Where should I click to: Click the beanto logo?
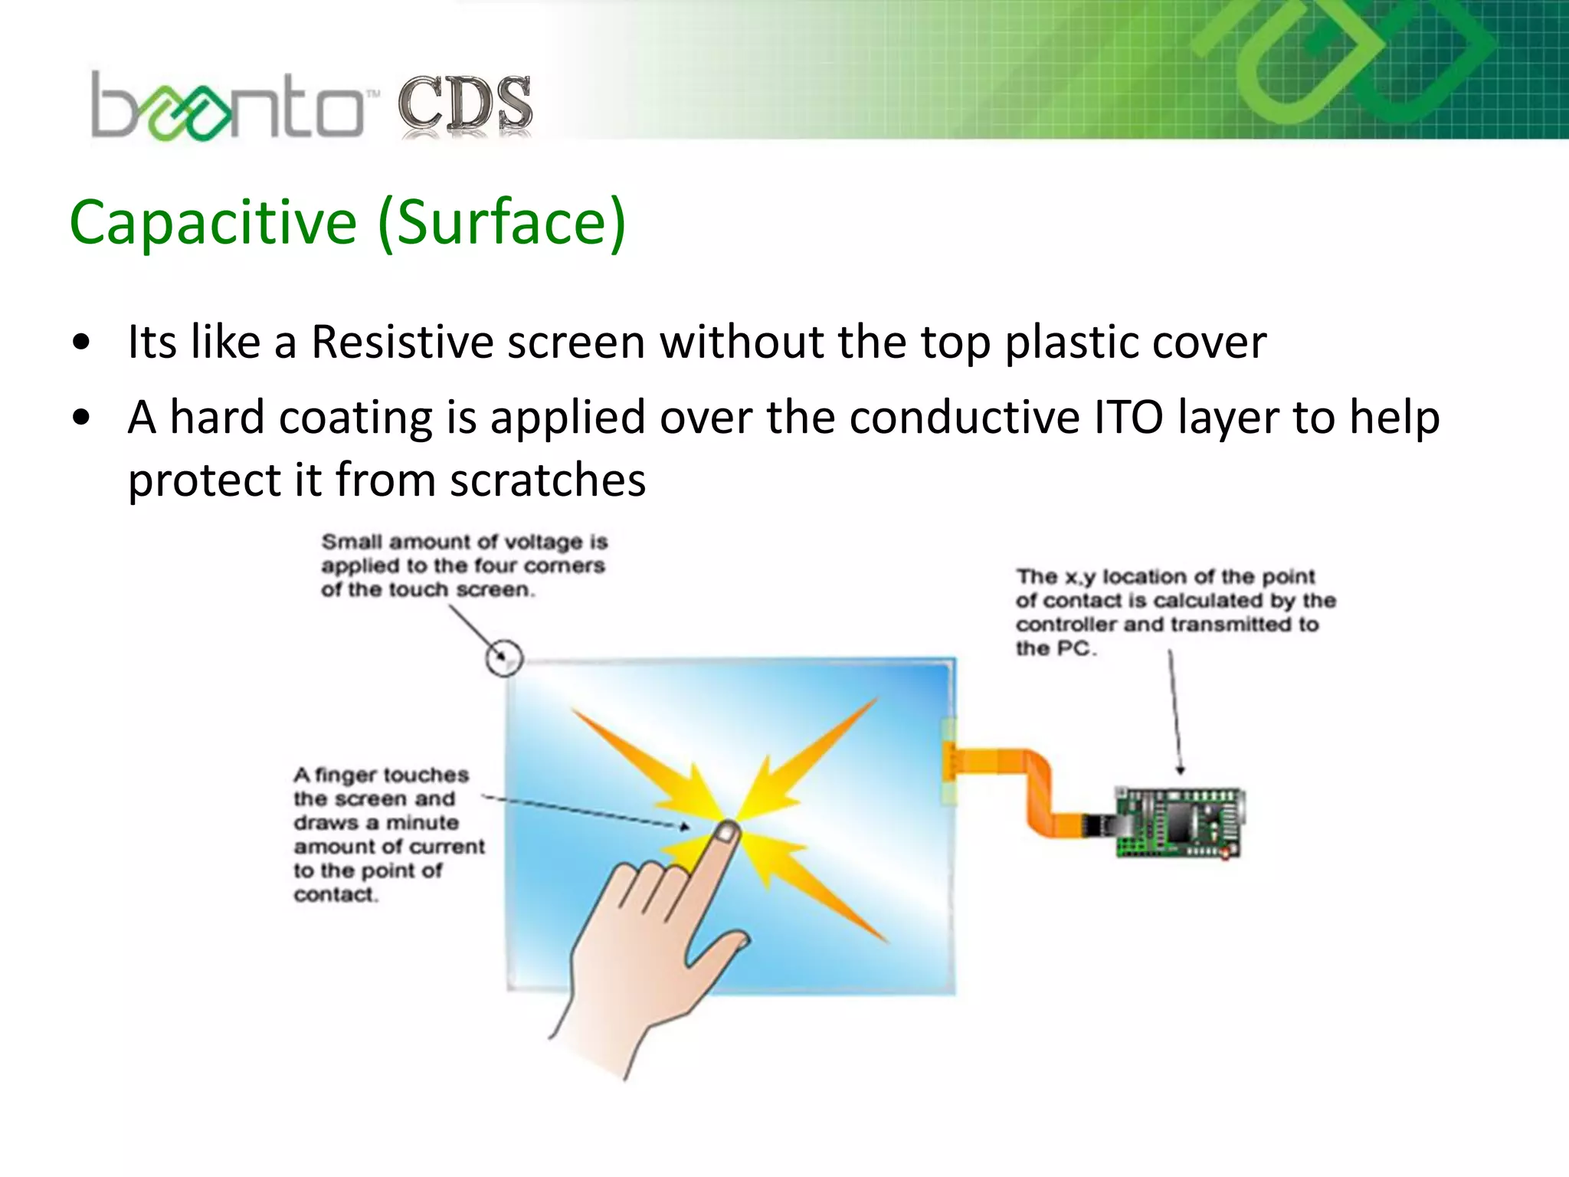[227, 107]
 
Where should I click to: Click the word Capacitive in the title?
[213, 222]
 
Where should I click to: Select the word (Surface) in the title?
[502, 222]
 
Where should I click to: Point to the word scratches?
[547, 480]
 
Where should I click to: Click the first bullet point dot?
[81, 343]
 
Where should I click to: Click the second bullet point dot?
[81, 418]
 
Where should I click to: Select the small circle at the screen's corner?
[504, 657]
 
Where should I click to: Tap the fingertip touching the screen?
[726, 831]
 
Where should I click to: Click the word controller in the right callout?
[1066, 625]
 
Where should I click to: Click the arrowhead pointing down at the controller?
[1181, 770]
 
